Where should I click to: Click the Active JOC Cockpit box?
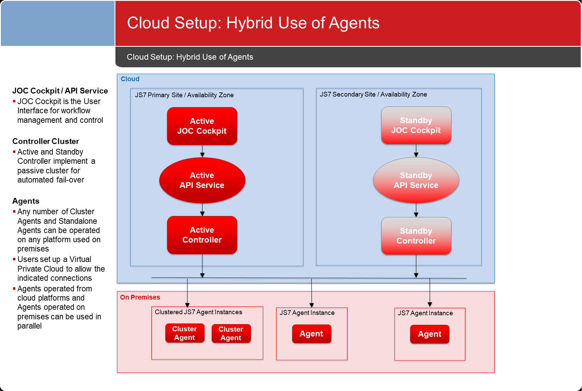202,126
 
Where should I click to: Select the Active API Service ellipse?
202,180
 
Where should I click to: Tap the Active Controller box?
202,235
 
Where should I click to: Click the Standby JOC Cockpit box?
416,125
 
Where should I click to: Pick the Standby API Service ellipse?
416,180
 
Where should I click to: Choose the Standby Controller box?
416,236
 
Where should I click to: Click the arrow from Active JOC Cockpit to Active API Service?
202,151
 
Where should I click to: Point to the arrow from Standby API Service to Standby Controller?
416,210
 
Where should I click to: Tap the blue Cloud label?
130,79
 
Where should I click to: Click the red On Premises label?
140,297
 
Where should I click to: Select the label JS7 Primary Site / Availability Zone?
184,95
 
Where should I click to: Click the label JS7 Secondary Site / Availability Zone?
373,95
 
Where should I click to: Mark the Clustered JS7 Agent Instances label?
198,312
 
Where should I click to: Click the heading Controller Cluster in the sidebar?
45,141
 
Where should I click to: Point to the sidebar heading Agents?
26,201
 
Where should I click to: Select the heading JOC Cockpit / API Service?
60,91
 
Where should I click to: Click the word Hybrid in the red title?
250,23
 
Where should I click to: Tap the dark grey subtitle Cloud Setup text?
190,57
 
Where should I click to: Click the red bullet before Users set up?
14,259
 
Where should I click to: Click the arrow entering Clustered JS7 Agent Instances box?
187,292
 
